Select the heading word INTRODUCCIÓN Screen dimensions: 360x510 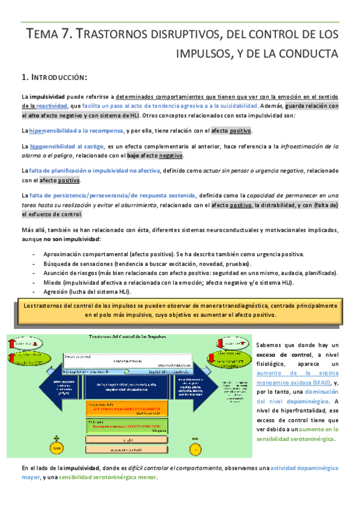pyautogui.click(x=58, y=77)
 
